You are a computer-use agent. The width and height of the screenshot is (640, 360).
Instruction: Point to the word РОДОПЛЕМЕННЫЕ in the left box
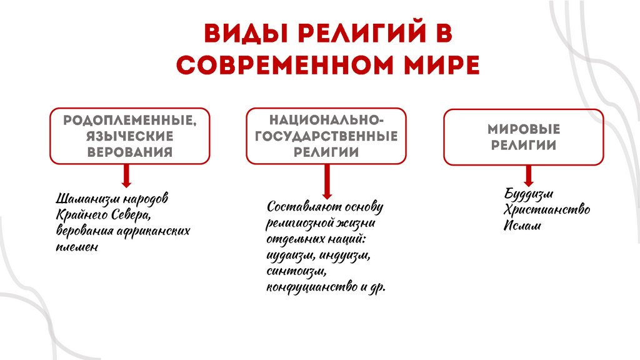pos(130,120)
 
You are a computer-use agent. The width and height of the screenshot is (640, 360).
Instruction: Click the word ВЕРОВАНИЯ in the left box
pos(130,151)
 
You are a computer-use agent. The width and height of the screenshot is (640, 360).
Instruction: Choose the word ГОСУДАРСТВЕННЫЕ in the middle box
pos(326,137)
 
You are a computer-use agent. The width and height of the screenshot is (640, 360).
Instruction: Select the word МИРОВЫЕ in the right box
pos(524,129)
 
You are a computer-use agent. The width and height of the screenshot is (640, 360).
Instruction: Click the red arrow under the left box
pos(126,176)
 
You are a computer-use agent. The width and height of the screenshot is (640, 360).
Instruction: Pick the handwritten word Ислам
pos(522,225)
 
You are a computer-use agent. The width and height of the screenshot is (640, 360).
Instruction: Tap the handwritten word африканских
pos(154,231)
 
